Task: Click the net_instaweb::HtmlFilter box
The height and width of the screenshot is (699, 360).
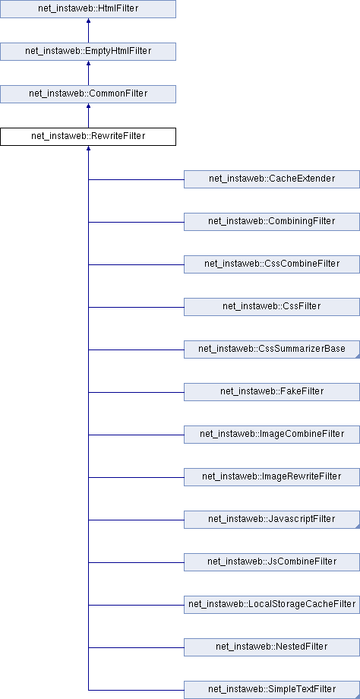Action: [x=88, y=9]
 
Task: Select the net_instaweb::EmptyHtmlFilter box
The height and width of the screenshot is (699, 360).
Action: [x=88, y=51]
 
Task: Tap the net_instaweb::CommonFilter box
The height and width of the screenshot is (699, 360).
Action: [x=88, y=94]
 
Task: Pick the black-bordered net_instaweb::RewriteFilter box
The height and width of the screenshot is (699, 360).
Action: [x=88, y=137]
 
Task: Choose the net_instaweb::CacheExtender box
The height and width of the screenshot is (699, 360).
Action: [x=272, y=179]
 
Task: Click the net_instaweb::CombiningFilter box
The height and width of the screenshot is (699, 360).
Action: [x=272, y=222]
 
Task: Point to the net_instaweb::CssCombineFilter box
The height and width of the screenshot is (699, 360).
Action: [x=272, y=264]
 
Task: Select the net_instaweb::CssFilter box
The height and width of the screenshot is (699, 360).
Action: [x=272, y=307]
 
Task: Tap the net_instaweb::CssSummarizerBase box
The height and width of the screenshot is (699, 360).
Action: [x=272, y=349]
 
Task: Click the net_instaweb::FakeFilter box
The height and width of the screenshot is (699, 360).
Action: [x=272, y=392]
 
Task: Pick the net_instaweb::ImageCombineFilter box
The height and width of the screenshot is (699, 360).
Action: [x=272, y=435]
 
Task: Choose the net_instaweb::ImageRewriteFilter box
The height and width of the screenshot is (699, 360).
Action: [x=272, y=477]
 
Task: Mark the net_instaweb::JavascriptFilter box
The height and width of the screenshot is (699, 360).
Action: [x=272, y=520]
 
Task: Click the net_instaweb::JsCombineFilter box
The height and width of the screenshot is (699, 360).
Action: [x=272, y=562]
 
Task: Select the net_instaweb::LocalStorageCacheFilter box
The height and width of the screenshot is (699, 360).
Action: [x=272, y=605]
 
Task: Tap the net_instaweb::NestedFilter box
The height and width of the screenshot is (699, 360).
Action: [x=272, y=647]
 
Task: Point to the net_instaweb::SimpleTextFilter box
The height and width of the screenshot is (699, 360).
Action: [x=272, y=690]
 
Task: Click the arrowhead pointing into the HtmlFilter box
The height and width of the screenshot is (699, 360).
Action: [x=88, y=21]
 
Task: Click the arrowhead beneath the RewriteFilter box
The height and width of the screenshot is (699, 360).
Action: [x=88, y=148]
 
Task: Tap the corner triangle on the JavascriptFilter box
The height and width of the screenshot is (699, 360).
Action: [x=357, y=527]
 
